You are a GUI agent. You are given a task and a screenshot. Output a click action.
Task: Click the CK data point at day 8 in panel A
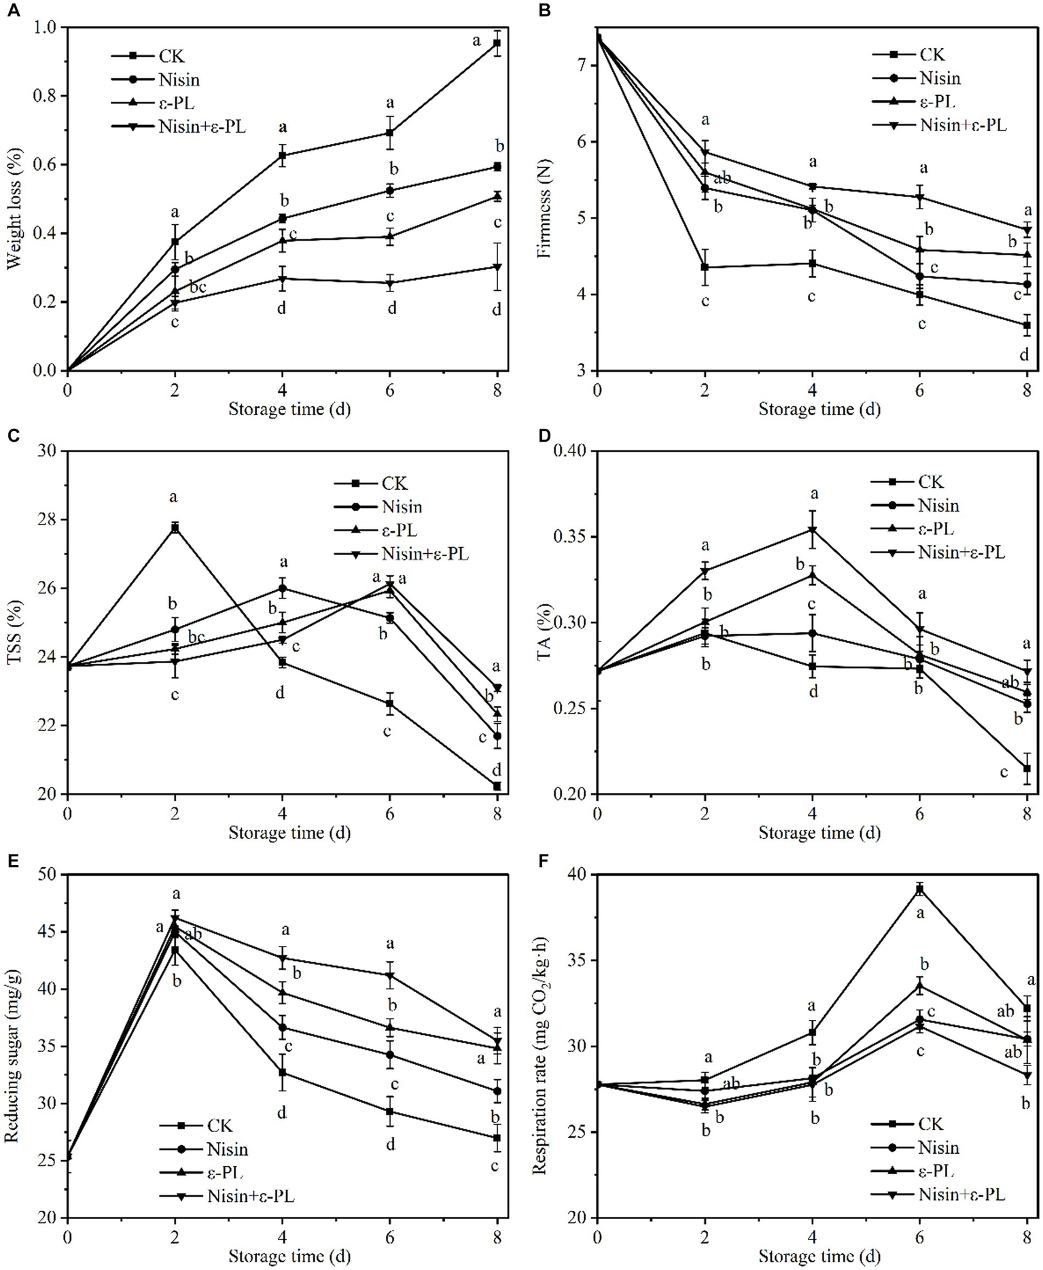[497, 43]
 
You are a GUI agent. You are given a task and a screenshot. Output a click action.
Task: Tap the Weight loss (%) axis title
[14, 198]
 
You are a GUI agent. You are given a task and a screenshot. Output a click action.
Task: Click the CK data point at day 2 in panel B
[705, 267]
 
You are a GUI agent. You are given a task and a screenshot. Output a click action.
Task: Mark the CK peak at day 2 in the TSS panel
[175, 527]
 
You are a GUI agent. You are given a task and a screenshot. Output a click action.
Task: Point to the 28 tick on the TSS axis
[51, 520]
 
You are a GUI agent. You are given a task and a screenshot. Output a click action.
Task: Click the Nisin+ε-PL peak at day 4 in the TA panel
[812, 530]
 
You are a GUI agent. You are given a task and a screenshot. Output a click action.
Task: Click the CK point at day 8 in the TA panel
[1027, 769]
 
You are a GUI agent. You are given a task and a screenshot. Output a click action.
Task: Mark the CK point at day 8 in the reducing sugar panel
[497, 1137]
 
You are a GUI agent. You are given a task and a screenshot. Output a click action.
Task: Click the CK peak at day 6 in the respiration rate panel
[920, 889]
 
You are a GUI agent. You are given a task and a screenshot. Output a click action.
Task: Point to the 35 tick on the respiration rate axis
[579, 960]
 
